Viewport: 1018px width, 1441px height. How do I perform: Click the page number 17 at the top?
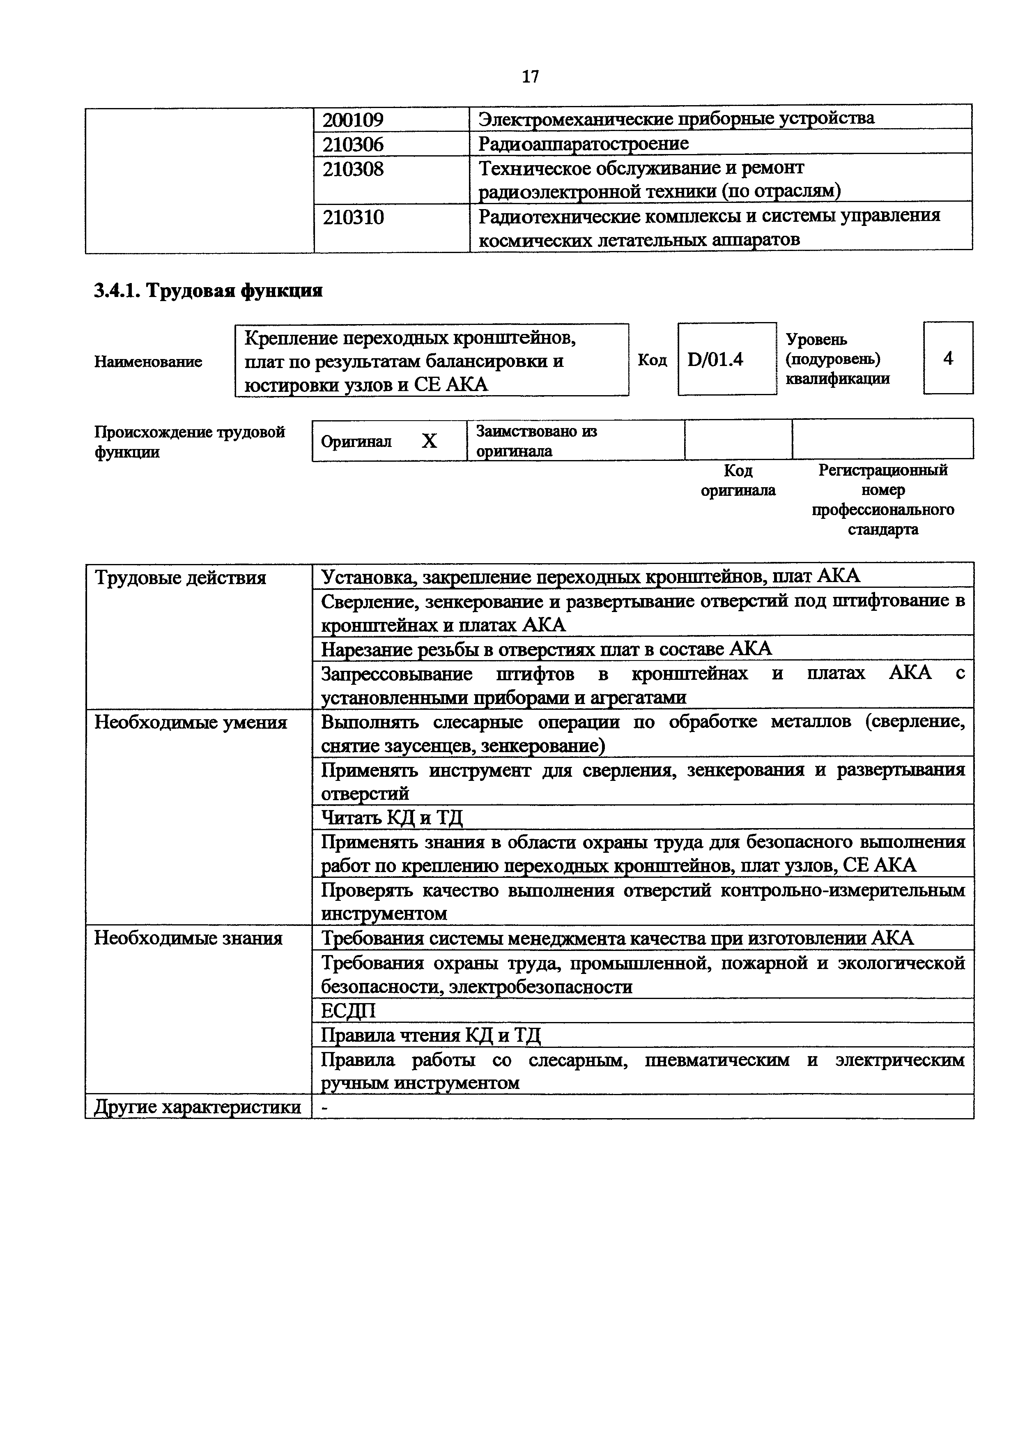point(530,76)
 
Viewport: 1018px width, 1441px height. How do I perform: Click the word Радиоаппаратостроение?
point(583,144)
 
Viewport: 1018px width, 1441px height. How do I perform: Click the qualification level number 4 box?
point(948,358)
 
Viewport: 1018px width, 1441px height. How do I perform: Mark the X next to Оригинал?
point(429,441)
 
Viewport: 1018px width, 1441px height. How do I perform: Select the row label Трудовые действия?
point(180,578)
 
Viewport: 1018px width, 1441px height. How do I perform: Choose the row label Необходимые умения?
point(191,723)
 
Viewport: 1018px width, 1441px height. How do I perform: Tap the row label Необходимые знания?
point(188,938)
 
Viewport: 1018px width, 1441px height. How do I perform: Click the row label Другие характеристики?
point(198,1107)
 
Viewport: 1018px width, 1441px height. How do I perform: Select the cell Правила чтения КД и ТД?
point(430,1034)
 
